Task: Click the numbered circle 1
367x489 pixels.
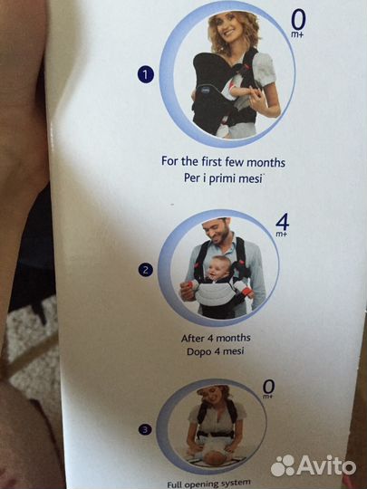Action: (x=146, y=75)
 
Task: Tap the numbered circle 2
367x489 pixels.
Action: (x=146, y=270)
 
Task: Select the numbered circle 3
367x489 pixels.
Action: (x=145, y=430)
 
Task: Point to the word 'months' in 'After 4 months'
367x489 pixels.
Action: (x=234, y=338)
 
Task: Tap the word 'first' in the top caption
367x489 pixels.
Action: (x=212, y=161)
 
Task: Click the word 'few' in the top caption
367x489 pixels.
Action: (x=235, y=162)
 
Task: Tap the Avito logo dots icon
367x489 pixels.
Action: (x=283, y=465)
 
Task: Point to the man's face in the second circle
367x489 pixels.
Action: (x=217, y=233)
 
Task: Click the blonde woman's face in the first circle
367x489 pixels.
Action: (x=229, y=30)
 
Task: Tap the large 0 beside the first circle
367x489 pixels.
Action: (x=298, y=19)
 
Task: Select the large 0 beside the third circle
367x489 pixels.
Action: (x=269, y=387)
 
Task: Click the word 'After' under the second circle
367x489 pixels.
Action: (x=192, y=339)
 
